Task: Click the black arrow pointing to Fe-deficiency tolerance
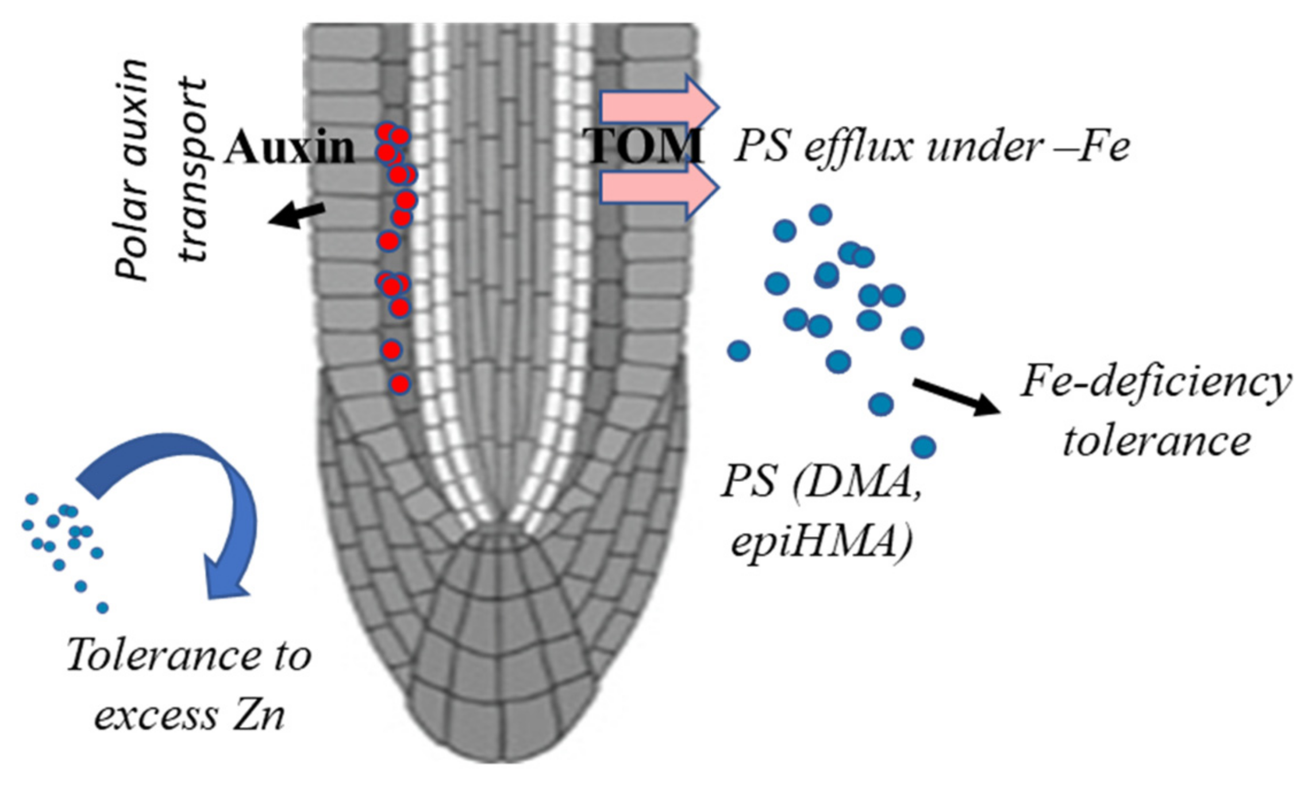click(x=957, y=396)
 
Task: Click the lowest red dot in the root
click(x=400, y=384)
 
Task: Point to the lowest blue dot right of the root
click(x=924, y=446)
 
